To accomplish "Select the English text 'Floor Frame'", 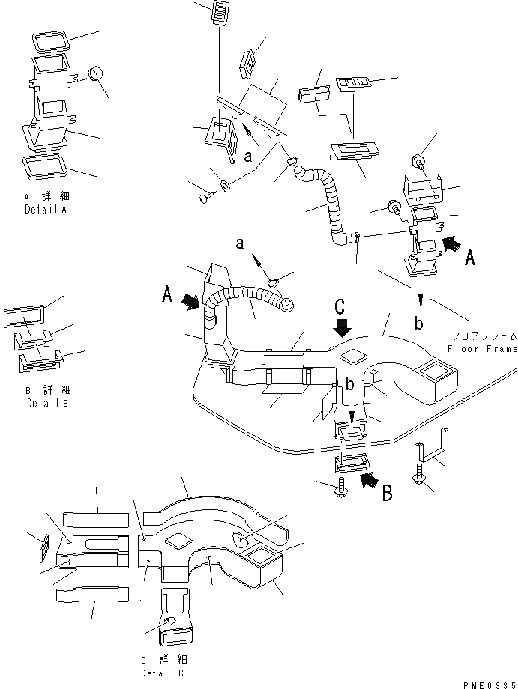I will (x=481, y=349).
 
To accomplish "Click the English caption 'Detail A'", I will (x=45, y=211).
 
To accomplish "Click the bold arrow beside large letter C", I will (x=343, y=327).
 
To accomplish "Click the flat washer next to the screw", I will (x=225, y=184).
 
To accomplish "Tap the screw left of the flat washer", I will (x=205, y=198).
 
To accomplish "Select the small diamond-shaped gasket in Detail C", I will (x=43, y=545).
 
